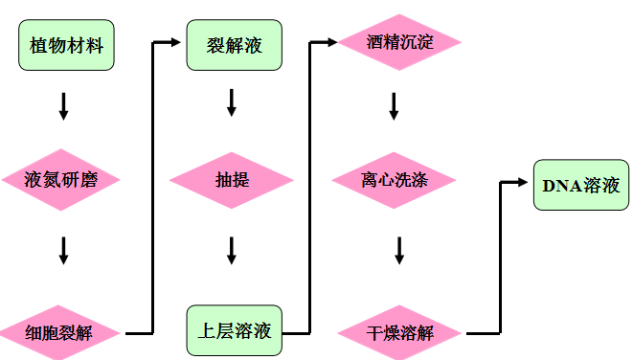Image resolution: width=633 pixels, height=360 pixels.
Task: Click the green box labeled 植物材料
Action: [66, 46]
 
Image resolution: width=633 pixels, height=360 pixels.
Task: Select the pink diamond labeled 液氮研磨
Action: [62, 179]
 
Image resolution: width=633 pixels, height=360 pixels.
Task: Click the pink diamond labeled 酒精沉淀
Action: [399, 42]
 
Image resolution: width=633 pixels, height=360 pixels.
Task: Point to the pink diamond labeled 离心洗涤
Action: [394, 179]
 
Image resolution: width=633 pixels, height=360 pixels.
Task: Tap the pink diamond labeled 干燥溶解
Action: [400, 333]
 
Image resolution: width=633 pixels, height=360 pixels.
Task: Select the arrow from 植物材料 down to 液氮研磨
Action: [64, 105]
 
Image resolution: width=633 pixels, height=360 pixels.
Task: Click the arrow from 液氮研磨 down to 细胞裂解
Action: [64, 251]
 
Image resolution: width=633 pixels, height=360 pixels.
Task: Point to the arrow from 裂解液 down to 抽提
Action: [232, 103]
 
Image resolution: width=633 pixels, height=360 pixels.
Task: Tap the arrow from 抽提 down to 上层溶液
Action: [232, 251]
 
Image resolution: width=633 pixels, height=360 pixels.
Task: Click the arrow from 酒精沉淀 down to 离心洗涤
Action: [394, 105]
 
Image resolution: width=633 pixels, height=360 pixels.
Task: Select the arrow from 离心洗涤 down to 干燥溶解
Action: [399, 251]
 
